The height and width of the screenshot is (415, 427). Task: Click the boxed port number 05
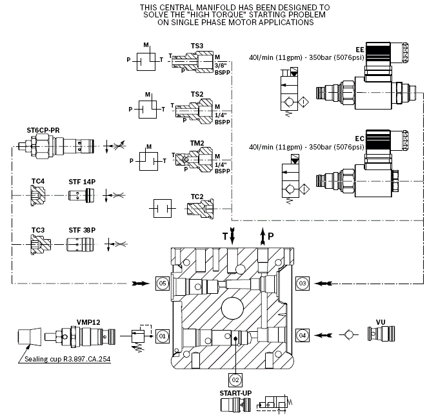click(x=163, y=282)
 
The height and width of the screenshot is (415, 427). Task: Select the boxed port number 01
click(x=163, y=335)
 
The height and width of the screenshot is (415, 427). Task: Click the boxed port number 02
click(x=236, y=380)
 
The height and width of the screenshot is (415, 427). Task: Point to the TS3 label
click(x=197, y=45)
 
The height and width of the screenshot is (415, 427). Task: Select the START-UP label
click(x=235, y=393)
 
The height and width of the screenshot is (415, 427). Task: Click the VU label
click(x=381, y=322)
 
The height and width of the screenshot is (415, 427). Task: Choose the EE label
click(x=359, y=50)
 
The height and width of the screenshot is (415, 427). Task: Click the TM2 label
click(x=197, y=143)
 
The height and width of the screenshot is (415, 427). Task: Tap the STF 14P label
click(x=82, y=182)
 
